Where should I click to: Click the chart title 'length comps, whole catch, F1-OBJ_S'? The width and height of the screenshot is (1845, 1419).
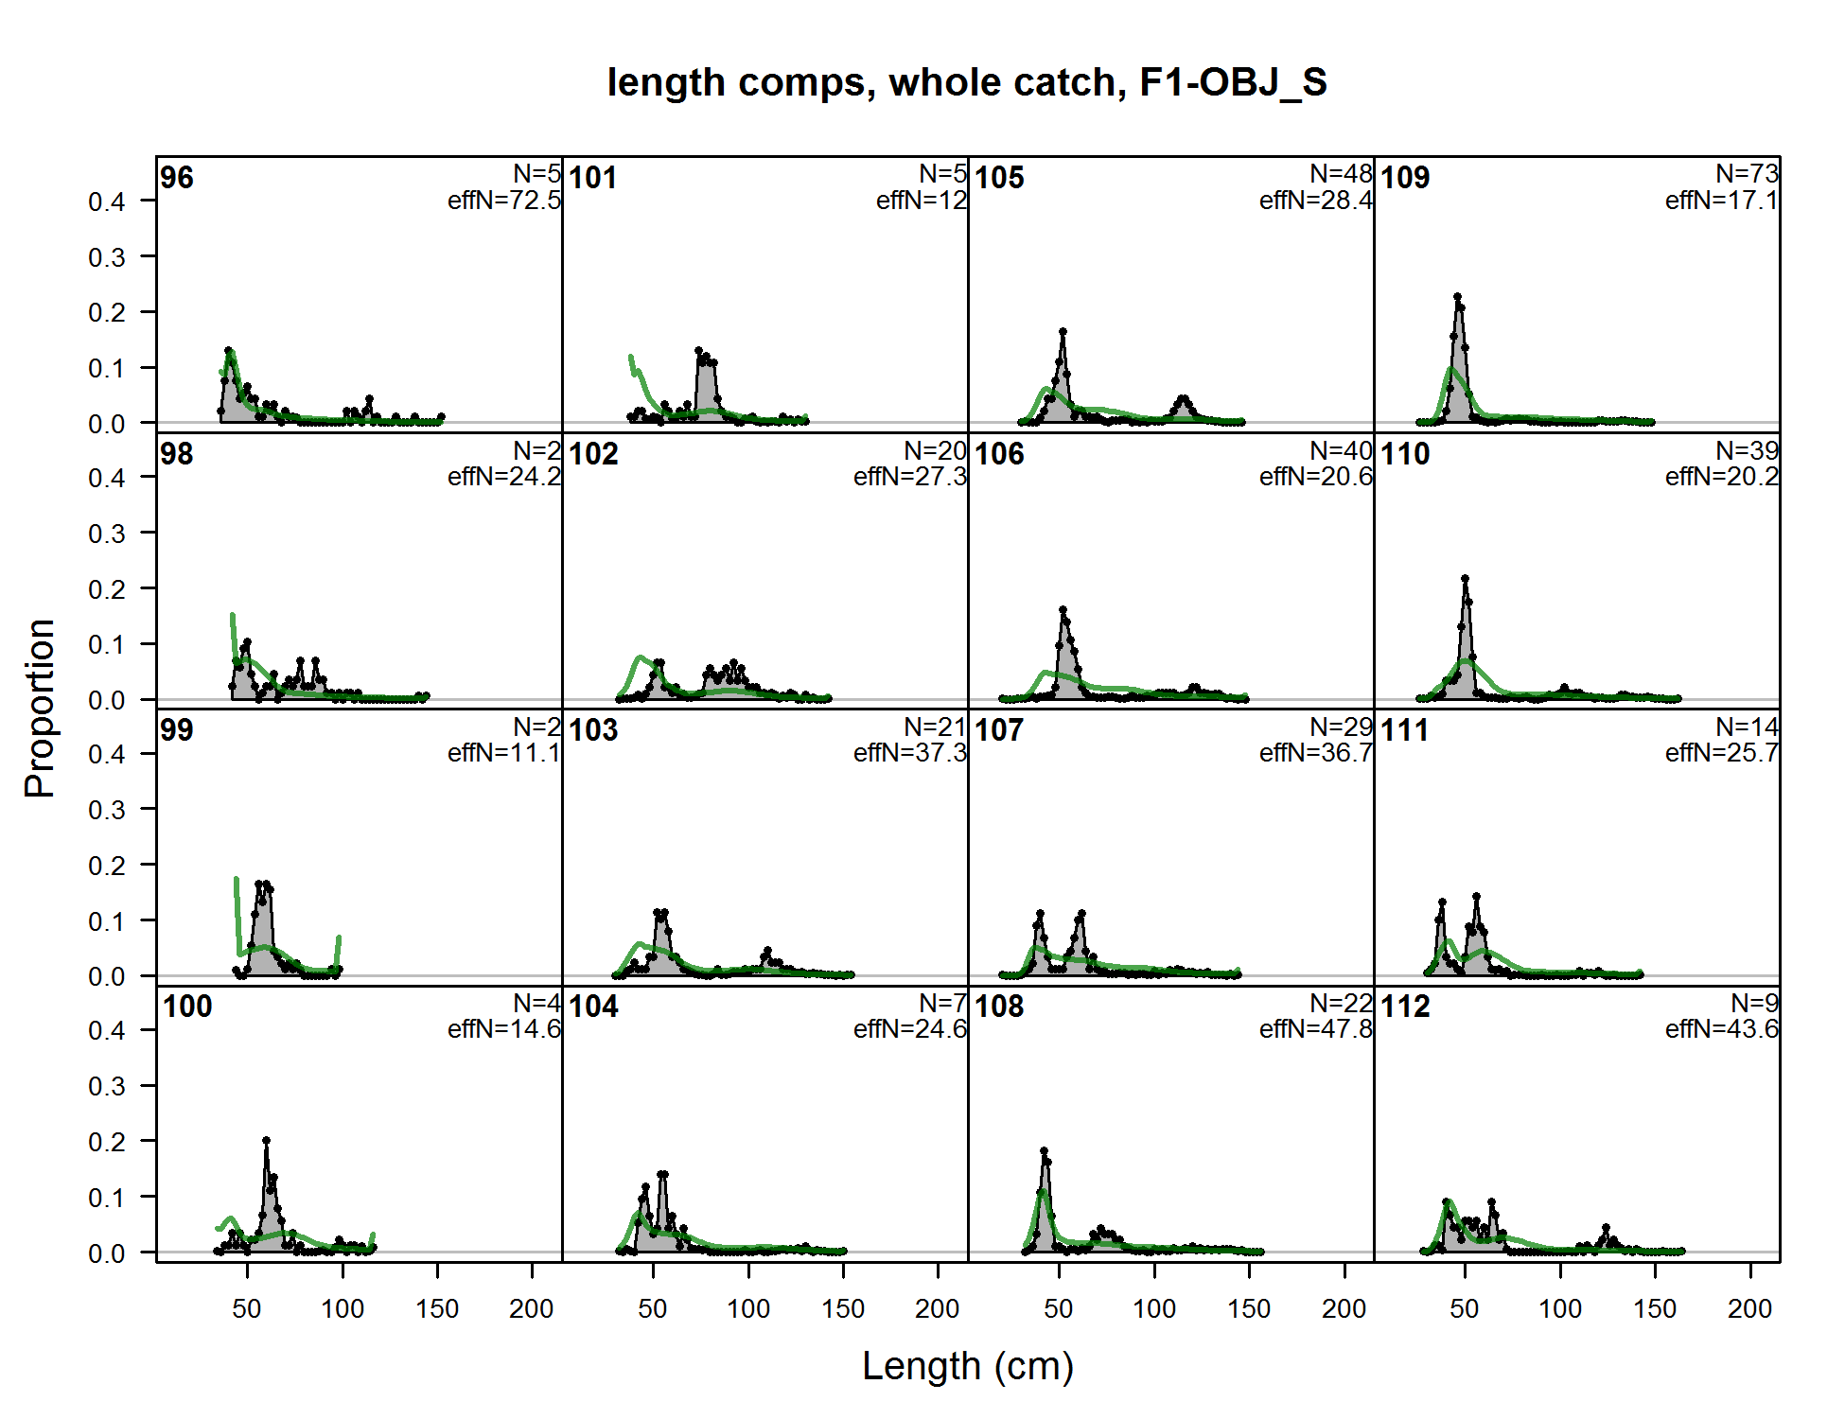click(x=967, y=82)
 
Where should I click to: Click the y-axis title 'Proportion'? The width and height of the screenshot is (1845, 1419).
click(x=41, y=709)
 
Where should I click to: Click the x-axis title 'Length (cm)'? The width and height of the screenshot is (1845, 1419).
click(x=967, y=1366)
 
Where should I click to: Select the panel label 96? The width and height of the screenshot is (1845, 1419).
click(x=177, y=178)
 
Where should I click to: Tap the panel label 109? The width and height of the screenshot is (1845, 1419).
click(x=1405, y=178)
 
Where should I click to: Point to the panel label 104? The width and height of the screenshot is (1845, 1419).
click(x=593, y=1007)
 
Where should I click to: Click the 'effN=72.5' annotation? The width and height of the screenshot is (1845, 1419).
click(x=504, y=201)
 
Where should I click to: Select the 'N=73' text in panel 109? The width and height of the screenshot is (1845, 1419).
click(x=1747, y=174)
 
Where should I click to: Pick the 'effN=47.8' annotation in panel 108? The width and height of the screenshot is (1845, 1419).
click(x=1315, y=1029)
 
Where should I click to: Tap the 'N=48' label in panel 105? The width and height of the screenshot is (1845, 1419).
click(x=1341, y=174)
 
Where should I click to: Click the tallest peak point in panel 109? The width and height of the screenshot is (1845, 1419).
click(x=1457, y=297)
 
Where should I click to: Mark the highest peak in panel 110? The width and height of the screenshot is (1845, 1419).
click(x=1465, y=578)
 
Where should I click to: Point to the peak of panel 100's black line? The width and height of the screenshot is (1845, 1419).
click(x=266, y=1141)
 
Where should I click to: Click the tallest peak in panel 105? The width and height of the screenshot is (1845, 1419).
click(x=1063, y=332)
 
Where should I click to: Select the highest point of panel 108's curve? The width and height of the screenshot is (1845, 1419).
click(x=1044, y=1151)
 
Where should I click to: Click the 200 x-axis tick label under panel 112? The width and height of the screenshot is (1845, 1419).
click(x=1749, y=1309)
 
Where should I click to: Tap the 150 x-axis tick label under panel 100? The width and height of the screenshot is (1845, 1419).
click(x=437, y=1309)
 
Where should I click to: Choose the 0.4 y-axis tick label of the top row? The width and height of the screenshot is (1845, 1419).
click(x=107, y=201)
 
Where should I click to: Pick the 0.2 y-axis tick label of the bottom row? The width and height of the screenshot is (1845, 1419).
click(x=107, y=1142)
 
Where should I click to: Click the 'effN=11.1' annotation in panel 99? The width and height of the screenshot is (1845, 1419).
click(x=504, y=753)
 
